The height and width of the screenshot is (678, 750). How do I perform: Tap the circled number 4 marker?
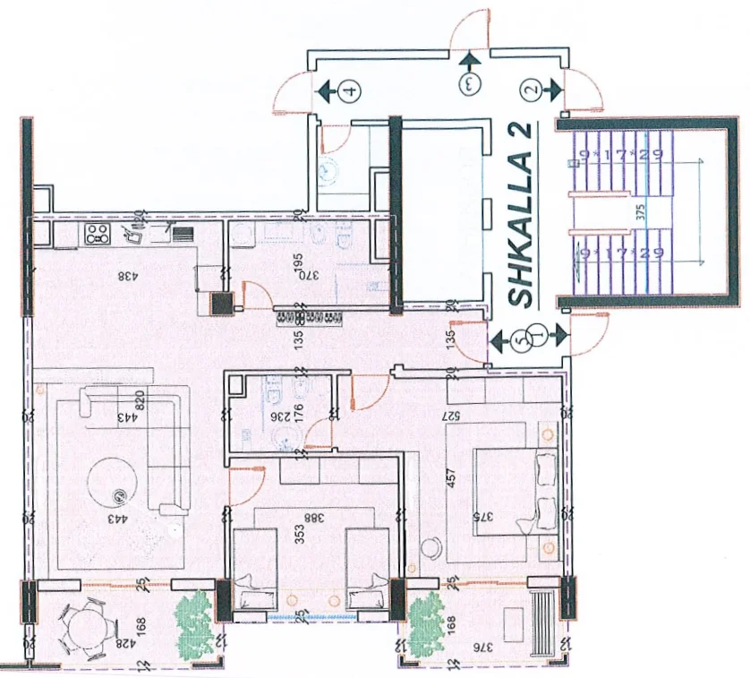tap(350, 90)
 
